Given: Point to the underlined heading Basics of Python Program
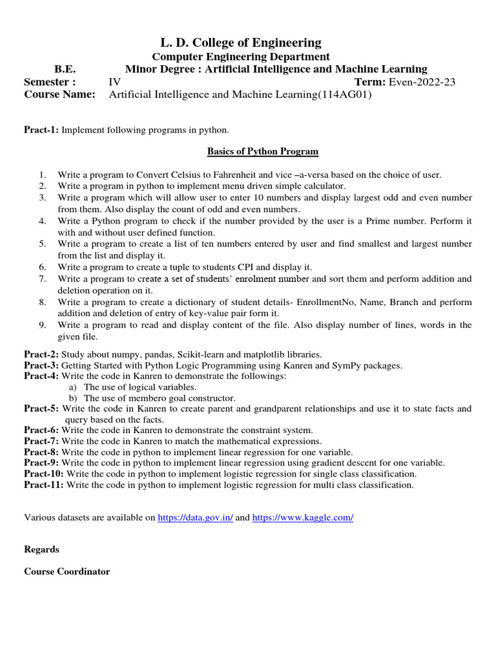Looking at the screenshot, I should pos(262,151).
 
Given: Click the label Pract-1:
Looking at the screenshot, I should pos(41,131).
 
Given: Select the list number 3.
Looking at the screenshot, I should pos(42,197).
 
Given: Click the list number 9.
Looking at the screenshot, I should pos(42,325).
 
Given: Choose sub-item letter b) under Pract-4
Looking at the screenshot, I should pos(73,398).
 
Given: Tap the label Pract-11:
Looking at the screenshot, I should pos(44,484).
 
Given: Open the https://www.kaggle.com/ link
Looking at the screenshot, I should pos(302,518).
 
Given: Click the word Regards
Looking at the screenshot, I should pos(41,550).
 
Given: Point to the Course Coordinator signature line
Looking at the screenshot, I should pos(67,571).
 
